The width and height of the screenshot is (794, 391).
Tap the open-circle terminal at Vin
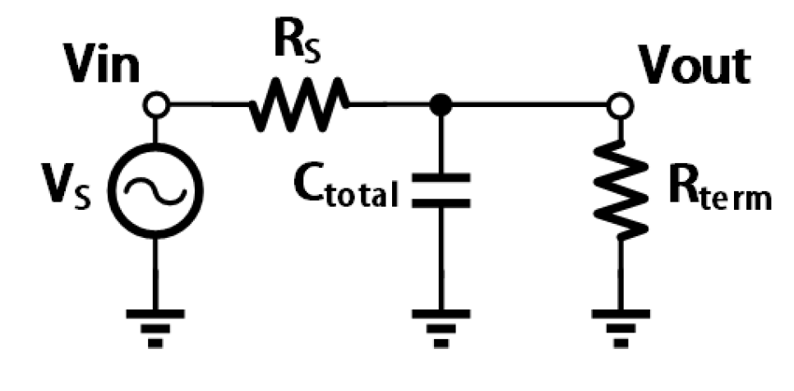pyautogui.click(x=157, y=105)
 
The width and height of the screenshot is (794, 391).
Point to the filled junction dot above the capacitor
pyautogui.click(x=441, y=105)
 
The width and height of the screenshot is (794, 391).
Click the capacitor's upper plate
pyautogui.click(x=441, y=178)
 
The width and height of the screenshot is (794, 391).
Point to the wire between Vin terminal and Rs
pyautogui.click(x=205, y=105)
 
